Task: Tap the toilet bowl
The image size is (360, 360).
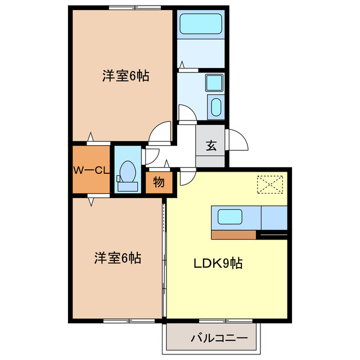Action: point(128,169)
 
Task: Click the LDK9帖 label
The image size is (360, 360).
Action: point(218,263)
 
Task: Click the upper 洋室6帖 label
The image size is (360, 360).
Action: point(125,76)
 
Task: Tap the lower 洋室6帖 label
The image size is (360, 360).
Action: point(117,258)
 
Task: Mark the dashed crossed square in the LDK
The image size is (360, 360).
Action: point(271,184)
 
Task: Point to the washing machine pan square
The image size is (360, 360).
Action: point(214,83)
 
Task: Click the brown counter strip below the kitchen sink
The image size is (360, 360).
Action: point(233,234)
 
